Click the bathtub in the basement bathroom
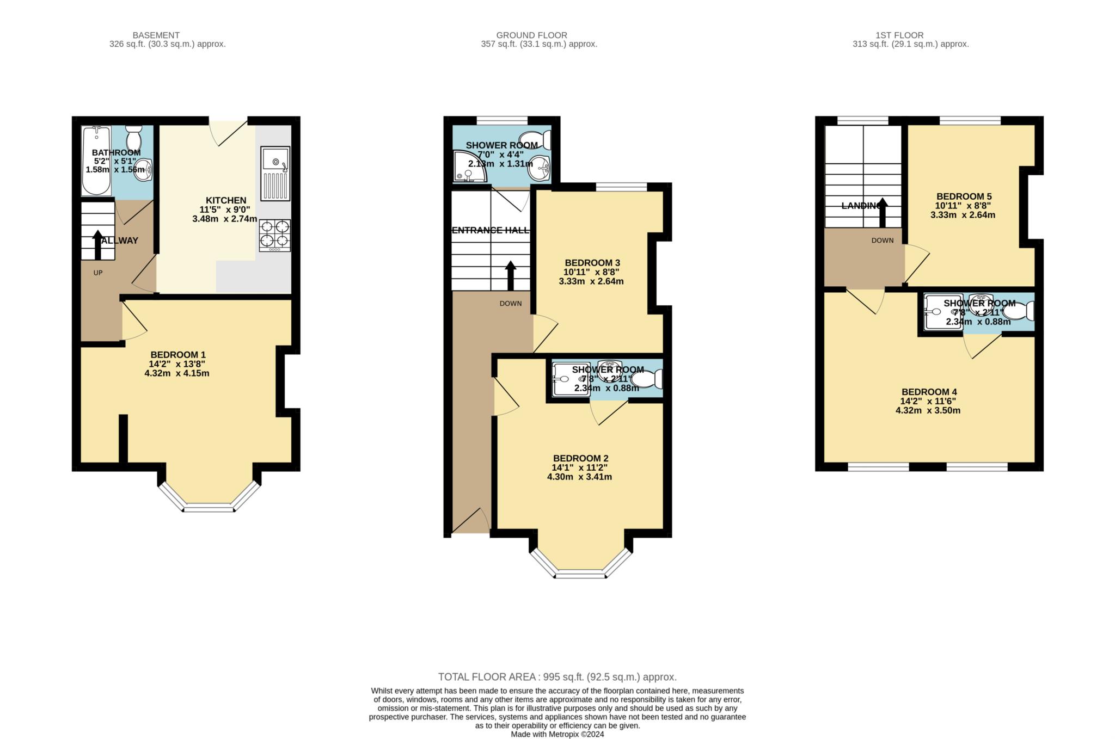pyautogui.click(x=96, y=161)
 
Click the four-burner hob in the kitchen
pyautogui.click(x=275, y=235)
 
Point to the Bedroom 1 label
pyautogui.click(x=177, y=355)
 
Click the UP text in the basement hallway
pyautogui.click(x=98, y=273)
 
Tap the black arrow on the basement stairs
pyautogui.click(x=98, y=245)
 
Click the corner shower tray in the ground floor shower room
pyautogui.click(x=468, y=167)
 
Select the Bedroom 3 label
pyautogui.click(x=592, y=263)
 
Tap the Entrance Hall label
pyautogui.click(x=491, y=230)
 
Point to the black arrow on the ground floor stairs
pyautogui.click(x=511, y=276)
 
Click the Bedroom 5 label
pyautogui.click(x=964, y=196)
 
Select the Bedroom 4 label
pyautogui.click(x=929, y=392)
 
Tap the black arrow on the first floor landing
pyautogui.click(x=883, y=213)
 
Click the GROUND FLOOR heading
pyautogui.click(x=531, y=35)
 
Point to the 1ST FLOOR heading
pyautogui.click(x=899, y=35)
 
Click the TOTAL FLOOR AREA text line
pyautogui.click(x=557, y=677)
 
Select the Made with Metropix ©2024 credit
pyautogui.click(x=557, y=734)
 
